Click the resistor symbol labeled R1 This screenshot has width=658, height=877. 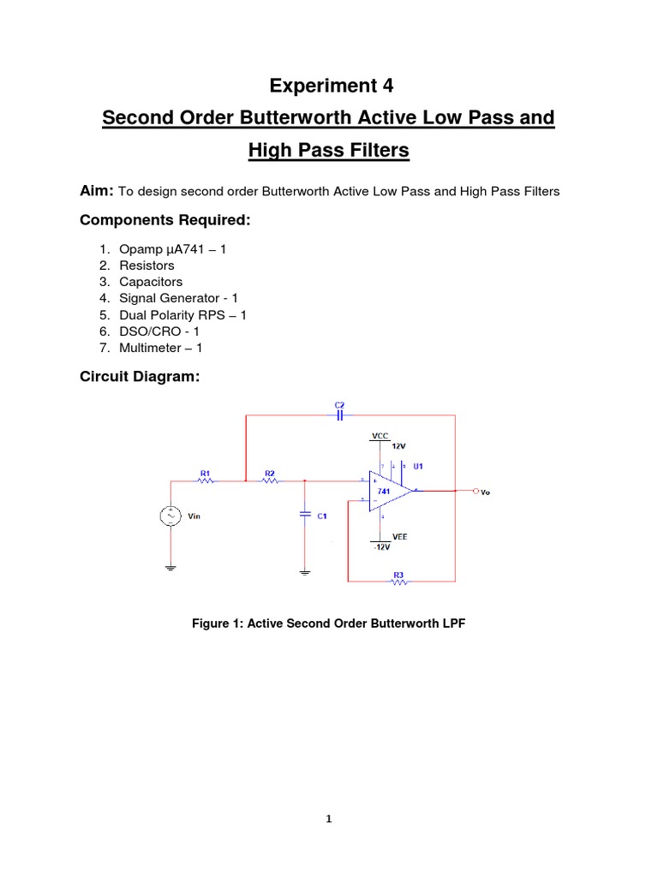[206, 481]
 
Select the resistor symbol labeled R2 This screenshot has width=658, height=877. [270, 481]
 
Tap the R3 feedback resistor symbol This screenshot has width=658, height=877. [398, 582]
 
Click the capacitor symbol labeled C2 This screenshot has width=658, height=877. [339, 415]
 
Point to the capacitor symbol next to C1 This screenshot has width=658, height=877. [305, 514]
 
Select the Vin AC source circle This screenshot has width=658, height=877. [170, 516]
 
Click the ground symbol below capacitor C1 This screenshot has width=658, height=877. [305, 570]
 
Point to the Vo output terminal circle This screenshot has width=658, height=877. [475, 492]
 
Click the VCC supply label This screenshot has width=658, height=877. [380, 436]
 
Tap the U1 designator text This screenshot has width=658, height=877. [418, 467]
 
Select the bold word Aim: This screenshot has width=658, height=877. [96, 191]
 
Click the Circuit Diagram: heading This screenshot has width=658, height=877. [139, 376]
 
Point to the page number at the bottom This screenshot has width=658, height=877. [328, 819]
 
